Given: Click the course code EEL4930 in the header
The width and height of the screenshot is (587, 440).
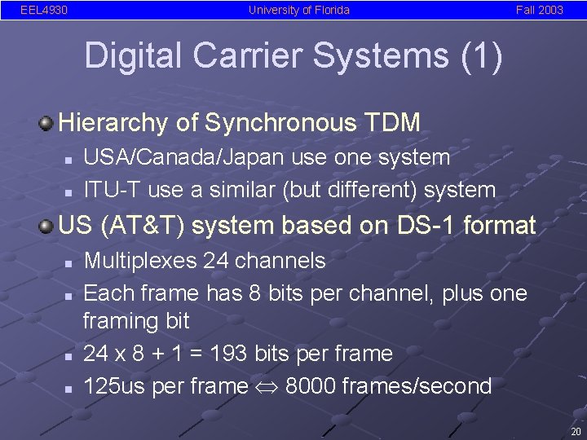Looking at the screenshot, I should click(x=43, y=11).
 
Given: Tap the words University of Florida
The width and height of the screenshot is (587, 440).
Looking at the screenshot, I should click(x=299, y=11).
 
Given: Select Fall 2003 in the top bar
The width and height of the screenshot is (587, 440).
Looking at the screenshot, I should click(x=539, y=11).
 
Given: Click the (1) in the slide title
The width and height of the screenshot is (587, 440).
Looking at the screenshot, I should click(x=483, y=57).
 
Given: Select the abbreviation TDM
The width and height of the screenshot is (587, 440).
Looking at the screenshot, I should click(x=394, y=123).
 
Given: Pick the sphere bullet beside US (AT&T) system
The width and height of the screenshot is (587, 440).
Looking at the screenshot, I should click(x=47, y=225).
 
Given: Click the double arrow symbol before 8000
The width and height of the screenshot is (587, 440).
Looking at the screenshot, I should click(x=265, y=386).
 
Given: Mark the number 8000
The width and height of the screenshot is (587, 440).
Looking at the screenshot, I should click(x=311, y=385).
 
